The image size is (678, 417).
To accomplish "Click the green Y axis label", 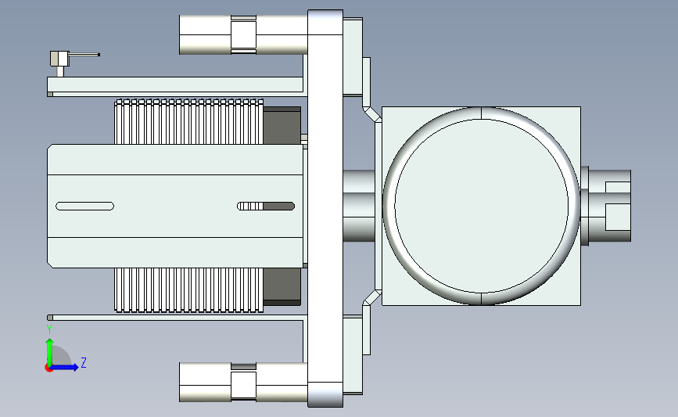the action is [49, 329].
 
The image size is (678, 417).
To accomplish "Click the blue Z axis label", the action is [84, 362].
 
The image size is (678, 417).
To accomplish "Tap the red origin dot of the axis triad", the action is [48, 368].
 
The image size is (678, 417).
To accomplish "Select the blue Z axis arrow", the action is [64, 367].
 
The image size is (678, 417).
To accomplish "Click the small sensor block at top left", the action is [59, 59].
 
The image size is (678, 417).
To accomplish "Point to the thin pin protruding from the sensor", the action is [84, 55].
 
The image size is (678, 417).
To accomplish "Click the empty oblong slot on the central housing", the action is [84, 207].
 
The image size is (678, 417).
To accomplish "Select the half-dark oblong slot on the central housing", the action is [266, 207].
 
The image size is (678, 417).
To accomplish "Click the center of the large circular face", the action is [481, 206].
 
